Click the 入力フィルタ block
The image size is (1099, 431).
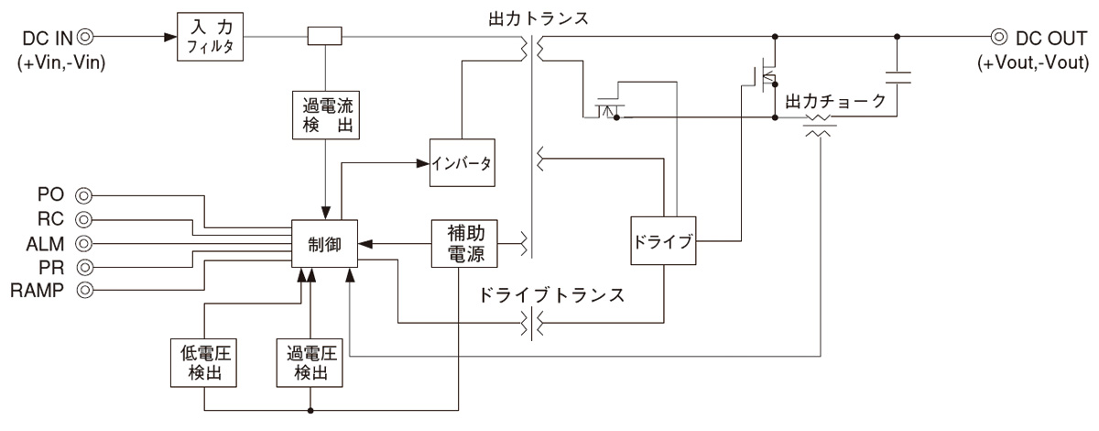212,38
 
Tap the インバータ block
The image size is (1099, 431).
462,165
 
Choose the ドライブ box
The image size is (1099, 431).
662,244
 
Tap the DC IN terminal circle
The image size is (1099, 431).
84,38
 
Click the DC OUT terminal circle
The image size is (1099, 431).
998,38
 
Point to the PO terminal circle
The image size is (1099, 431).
84,195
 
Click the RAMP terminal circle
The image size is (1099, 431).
84,291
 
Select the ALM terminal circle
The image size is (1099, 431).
84,243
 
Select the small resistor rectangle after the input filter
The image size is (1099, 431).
325,38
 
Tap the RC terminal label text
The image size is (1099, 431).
52,219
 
